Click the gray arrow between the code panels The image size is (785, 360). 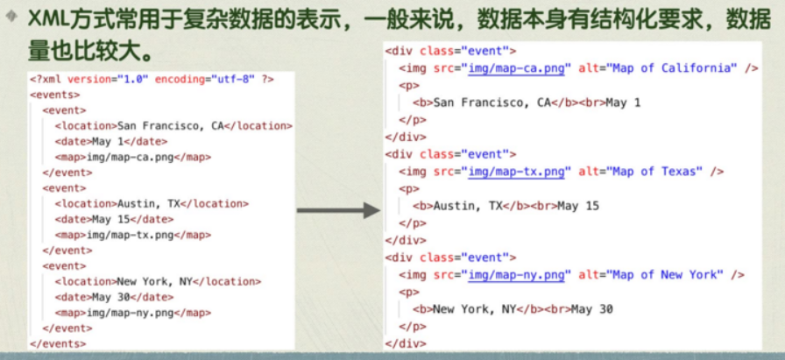337,211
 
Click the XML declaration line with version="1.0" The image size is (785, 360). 152,79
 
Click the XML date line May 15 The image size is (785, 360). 114,219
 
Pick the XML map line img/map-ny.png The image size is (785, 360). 132,313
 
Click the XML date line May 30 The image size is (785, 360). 114,297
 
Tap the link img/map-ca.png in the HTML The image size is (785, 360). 517,68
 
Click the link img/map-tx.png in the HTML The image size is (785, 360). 517,172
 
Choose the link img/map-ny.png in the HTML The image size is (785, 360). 517,275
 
